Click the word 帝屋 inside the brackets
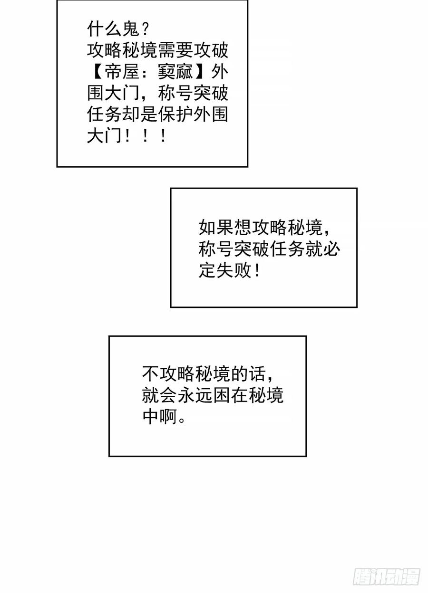coord(121,72)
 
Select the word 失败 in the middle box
coord(233,272)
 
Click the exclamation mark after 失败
coord(257,272)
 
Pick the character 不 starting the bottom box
coord(151,374)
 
